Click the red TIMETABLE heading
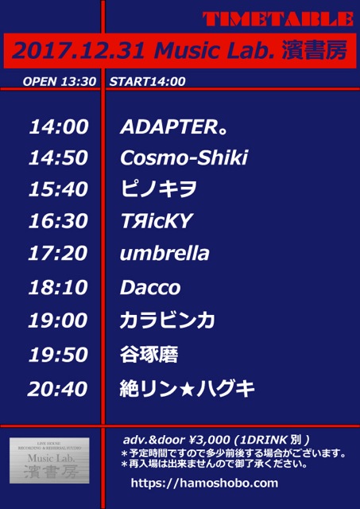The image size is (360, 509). pyautogui.click(x=278, y=19)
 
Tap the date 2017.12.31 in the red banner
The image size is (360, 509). pyautogui.click(x=78, y=51)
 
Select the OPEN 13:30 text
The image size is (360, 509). pyautogui.click(x=60, y=81)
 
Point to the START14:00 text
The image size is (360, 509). pyautogui.click(x=148, y=81)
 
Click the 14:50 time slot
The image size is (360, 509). pyautogui.click(x=58, y=157)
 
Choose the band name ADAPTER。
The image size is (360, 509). pyautogui.click(x=173, y=126)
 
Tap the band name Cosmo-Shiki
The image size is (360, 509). pyautogui.click(x=184, y=157)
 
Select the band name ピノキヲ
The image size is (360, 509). pyautogui.click(x=159, y=189)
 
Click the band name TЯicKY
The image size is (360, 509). pyautogui.click(x=157, y=221)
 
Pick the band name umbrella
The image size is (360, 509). pyautogui.click(x=165, y=253)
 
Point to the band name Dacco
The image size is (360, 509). pyautogui.click(x=150, y=288)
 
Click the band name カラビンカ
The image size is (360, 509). pyautogui.click(x=168, y=321)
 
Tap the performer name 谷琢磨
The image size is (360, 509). pyautogui.click(x=149, y=355)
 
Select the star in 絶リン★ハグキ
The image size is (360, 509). pyautogui.click(x=187, y=389)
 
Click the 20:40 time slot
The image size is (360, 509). pyautogui.click(x=58, y=389)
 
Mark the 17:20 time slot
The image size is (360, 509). pyautogui.click(x=58, y=253)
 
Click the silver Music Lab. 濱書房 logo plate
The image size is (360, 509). pyautogui.click(x=49, y=460)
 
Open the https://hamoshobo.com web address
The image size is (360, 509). pyautogui.click(x=205, y=483)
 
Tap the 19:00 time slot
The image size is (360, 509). pyautogui.click(x=58, y=321)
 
